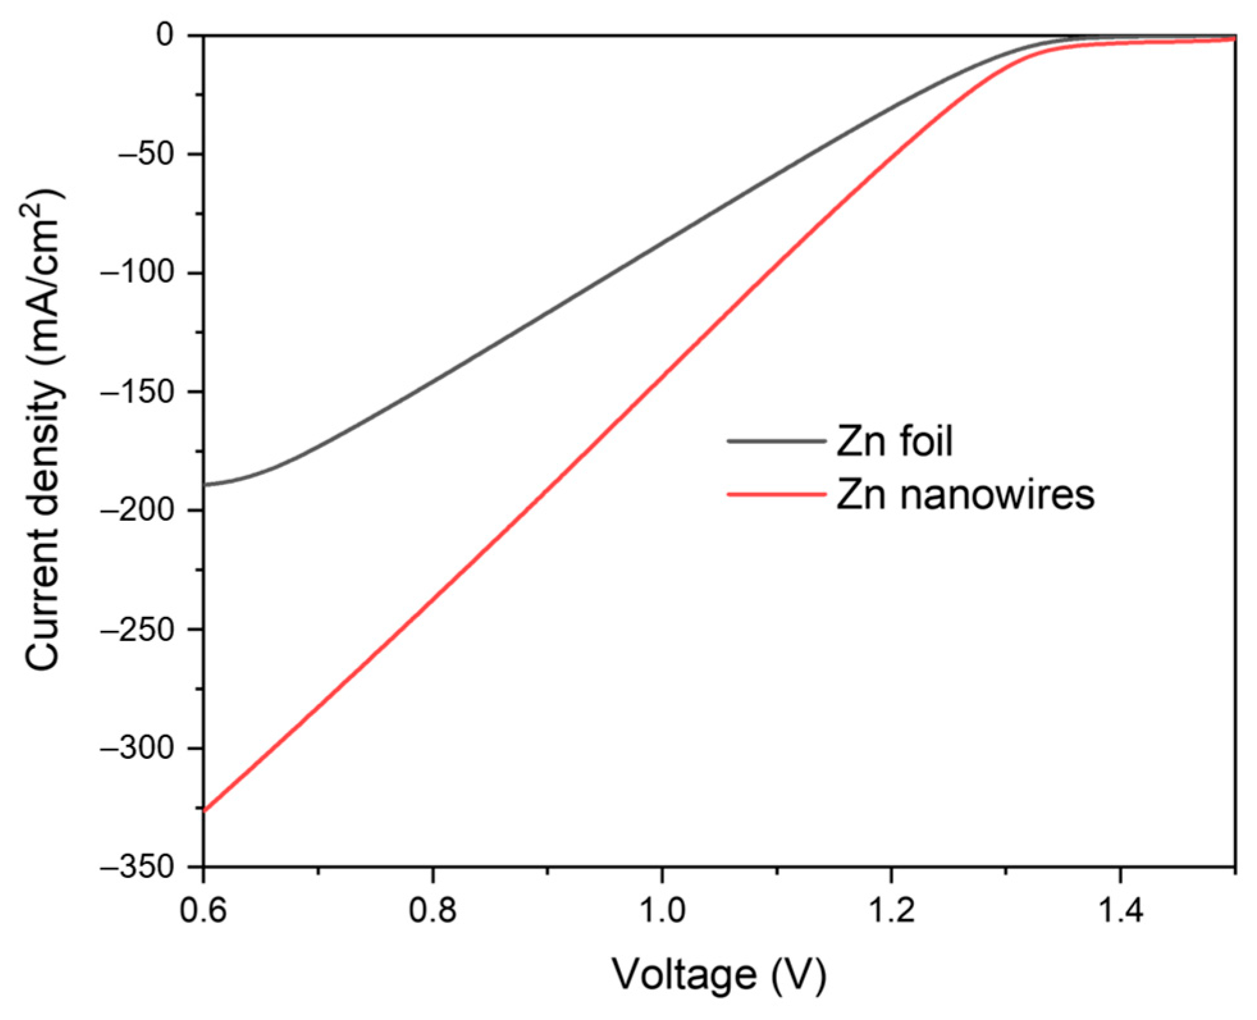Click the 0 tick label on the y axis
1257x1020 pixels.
[165, 36]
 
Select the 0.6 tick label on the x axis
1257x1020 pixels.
[204, 911]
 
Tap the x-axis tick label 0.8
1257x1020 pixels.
[433, 911]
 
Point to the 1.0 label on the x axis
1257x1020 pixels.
[662, 911]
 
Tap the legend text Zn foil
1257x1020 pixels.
[895, 441]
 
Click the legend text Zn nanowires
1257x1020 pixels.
[965, 494]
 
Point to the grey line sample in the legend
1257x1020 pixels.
[776, 441]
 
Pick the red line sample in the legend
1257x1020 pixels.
[776, 494]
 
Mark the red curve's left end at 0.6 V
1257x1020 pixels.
[205, 811]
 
